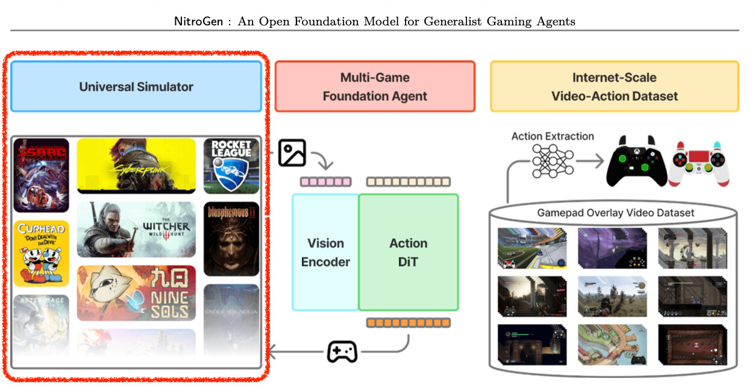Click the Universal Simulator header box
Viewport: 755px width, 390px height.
[x=136, y=86]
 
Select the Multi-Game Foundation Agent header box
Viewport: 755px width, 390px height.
[x=375, y=86]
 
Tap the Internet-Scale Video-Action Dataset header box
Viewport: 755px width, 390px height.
[x=614, y=86]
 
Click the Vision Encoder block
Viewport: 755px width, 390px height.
[x=325, y=252]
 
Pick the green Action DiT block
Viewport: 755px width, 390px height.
[x=408, y=252]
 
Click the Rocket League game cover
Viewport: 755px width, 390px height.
[x=231, y=165]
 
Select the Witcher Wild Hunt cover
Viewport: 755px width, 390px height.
[x=136, y=229]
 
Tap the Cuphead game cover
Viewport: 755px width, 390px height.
[x=42, y=253]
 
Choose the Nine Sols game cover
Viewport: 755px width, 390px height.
[x=136, y=293]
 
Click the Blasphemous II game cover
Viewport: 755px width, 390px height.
[x=231, y=238]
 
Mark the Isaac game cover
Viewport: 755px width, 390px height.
[x=42, y=175]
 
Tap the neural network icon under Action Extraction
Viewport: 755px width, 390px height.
[x=553, y=161]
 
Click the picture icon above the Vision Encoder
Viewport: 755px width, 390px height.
[x=292, y=153]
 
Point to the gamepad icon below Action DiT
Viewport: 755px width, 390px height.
[x=342, y=351]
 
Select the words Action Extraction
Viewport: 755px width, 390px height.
[x=553, y=136]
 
